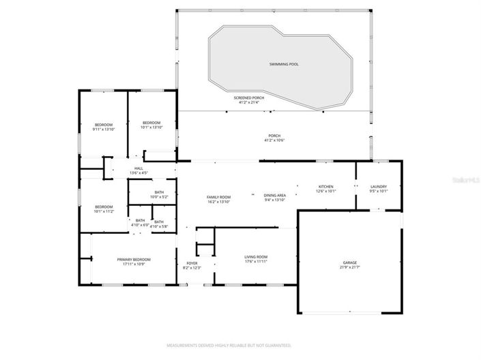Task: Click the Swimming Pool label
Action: pyautogui.click(x=283, y=64)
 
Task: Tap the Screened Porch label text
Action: pyautogui.click(x=249, y=97)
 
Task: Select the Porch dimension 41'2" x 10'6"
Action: pyautogui.click(x=274, y=140)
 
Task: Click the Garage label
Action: pyautogui.click(x=349, y=262)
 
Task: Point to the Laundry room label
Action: pyautogui.click(x=379, y=187)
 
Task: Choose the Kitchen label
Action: pyautogui.click(x=325, y=187)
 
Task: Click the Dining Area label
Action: pyautogui.click(x=275, y=196)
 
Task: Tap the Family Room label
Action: pyautogui.click(x=219, y=197)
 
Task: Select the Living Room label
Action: pyautogui.click(x=256, y=257)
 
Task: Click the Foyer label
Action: pyautogui.click(x=192, y=263)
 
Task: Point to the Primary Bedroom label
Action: pyautogui.click(x=134, y=259)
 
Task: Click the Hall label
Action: pyautogui.click(x=139, y=168)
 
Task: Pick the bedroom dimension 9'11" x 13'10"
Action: pyautogui.click(x=104, y=129)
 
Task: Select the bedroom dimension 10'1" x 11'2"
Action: pyautogui.click(x=104, y=211)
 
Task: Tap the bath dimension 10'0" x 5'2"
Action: pyautogui.click(x=159, y=196)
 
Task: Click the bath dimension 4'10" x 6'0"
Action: pyautogui.click(x=140, y=224)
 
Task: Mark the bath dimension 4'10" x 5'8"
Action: pyautogui.click(x=159, y=224)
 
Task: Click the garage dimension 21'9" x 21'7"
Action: pyautogui.click(x=349, y=267)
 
